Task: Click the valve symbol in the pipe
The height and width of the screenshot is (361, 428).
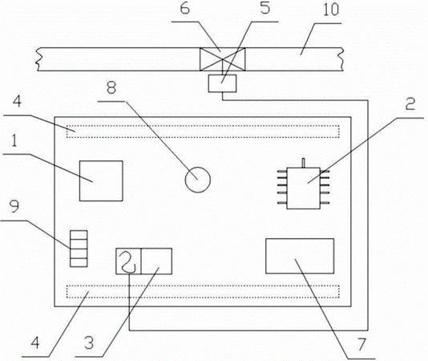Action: tap(223, 59)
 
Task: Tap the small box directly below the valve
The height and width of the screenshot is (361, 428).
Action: tap(222, 83)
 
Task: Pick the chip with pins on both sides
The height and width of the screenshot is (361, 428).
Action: tap(303, 188)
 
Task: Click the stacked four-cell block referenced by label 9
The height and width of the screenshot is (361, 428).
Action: tap(79, 249)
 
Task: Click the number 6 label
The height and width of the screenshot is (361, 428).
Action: tap(184, 9)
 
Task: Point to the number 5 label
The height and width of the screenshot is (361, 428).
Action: tap(264, 8)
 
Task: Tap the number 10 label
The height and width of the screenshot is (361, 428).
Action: tap(331, 10)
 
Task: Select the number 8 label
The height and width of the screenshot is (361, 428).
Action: tap(111, 88)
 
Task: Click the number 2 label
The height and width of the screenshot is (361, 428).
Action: tap(410, 103)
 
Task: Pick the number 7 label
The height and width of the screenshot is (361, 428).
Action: tap(361, 344)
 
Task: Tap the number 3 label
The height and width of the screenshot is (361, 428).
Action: tap(89, 343)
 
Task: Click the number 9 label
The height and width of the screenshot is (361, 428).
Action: tap(14, 206)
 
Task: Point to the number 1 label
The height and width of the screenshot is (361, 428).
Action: tap(14, 141)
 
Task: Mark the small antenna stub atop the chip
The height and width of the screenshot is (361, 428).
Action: tap(303, 163)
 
